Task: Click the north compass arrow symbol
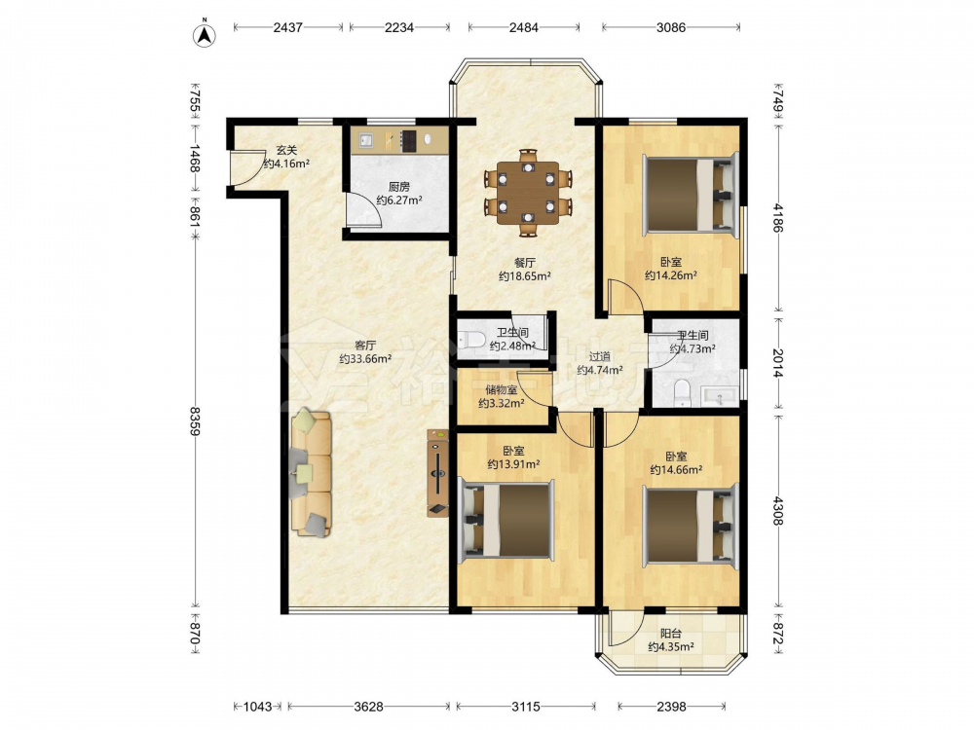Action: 205,35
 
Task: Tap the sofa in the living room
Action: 311,472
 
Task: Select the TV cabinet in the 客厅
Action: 438,473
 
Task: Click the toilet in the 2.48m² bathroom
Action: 470,339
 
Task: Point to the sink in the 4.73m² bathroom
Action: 720,396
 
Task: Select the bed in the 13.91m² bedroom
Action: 506,519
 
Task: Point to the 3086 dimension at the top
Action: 671,27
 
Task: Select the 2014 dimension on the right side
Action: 777,362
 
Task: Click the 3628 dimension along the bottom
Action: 368,707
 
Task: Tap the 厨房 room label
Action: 398,187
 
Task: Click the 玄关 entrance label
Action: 286,150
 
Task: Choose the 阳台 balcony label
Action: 671,634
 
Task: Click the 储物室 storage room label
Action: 502,390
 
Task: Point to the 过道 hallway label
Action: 599,356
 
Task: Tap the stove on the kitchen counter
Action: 408,140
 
